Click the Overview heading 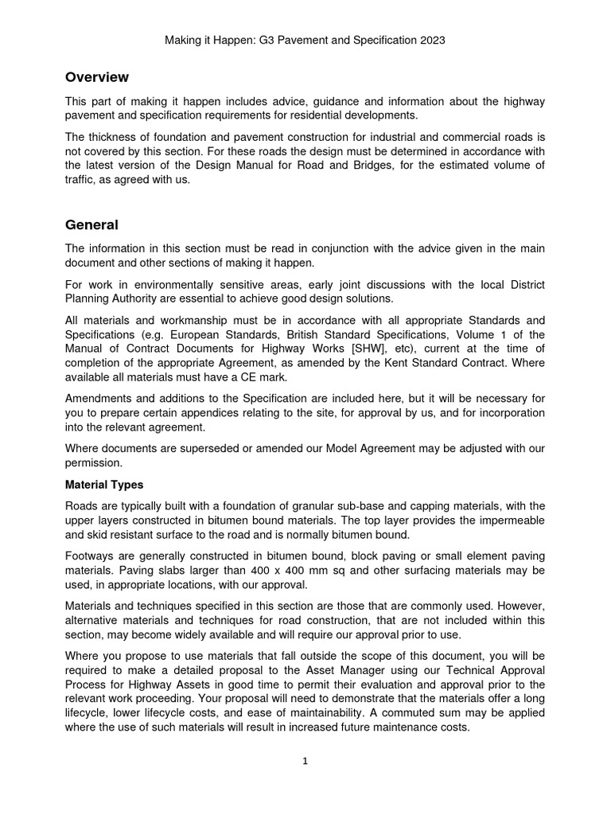pyautogui.click(x=96, y=77)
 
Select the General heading pyautogui.click(x=91, y=225)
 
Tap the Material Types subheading pyautogui.click(x=103, y=485)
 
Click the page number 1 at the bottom pyautogui.click(x=305, y=761)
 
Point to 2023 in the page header pyautogui.click(x=430, y=39)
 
